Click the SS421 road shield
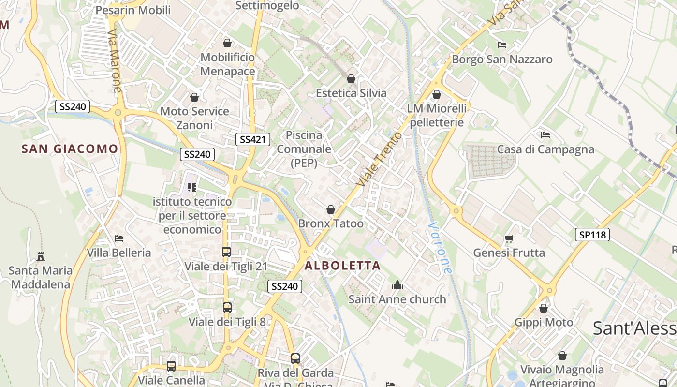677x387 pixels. coord(253,140)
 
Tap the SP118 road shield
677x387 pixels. coord(592,235)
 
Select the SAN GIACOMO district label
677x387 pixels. coord(70,149)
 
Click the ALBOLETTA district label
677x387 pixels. coord(342,266)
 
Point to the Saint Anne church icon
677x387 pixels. coord(397,285)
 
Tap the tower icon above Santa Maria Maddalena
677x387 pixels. coord(41,256)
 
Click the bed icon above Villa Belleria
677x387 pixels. coord(119,238)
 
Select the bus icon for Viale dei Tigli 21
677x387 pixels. coord(226,252)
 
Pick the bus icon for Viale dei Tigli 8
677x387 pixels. coord(227,307)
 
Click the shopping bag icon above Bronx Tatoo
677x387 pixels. coord(331,209)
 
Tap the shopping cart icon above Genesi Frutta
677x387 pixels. coord(509,238)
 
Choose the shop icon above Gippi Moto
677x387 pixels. coord(544,308)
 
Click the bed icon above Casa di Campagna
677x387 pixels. coord(545,134)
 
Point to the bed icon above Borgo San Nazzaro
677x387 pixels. coord(502,45)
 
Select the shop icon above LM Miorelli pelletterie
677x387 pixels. coord(437,94)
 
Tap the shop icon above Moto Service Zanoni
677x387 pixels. coord(194,97)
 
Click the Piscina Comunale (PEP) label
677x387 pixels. coord(304,149)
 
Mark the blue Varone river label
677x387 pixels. coord(440,248)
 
